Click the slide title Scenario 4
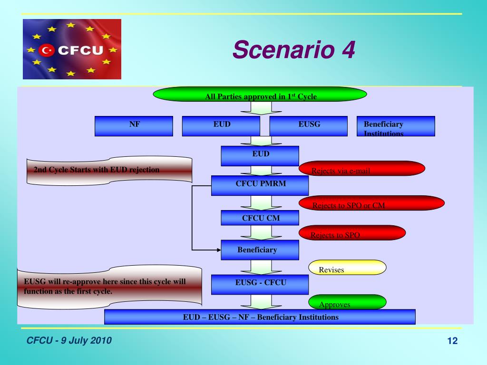click(x=294, y=50)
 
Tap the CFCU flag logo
click(x=72, y=49)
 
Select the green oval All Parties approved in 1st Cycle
click(x=261, y=96)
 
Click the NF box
click(x=134, y=126)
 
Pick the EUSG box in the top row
click(x=309, y=126)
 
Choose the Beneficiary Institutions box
click(x=396, y=126)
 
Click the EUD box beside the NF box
click(x=221, y=126)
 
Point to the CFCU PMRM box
click(x=260, y=185)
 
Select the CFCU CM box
click(x=260, y=218)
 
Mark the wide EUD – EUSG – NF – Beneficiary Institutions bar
click(x=260, y=317)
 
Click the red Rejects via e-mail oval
click(x=361, y=169)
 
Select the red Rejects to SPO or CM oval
click(x=371, y=203)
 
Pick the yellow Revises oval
click(x=347, y=267)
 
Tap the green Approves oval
click(x=347, y=302)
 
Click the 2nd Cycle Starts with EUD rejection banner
click(x=110, y=170)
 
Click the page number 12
click(x=452, y=341)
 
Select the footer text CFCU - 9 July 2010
click(x=68, y=340)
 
